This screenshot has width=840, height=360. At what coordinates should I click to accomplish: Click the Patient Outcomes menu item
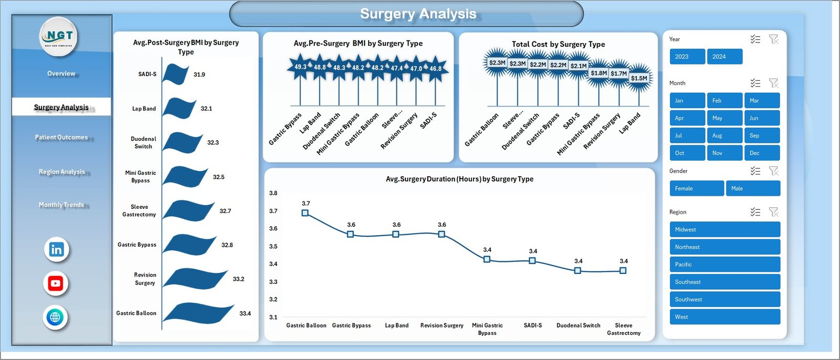(61, 137)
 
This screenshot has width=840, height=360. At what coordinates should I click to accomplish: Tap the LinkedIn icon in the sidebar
(56, 249)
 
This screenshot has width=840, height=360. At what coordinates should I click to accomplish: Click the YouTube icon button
(56, 283)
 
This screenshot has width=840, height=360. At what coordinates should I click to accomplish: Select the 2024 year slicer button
(724, 57)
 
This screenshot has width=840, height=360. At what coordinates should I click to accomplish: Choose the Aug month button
(724, 135)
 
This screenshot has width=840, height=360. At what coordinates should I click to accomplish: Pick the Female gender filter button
(696, 188)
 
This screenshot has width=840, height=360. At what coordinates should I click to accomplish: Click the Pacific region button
(724, 264)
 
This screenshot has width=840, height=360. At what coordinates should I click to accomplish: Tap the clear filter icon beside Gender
(773, 171)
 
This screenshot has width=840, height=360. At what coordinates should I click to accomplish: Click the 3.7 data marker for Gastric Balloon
(305, 213)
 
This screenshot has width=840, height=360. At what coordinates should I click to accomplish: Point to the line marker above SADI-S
(532, 260)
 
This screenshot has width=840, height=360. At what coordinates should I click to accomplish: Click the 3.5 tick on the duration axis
(273, 246)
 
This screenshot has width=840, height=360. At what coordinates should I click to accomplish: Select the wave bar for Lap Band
(178, 109)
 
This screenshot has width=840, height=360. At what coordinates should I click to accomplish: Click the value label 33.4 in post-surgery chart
(245, 313)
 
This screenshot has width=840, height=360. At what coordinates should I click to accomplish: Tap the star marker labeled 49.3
(300, 67)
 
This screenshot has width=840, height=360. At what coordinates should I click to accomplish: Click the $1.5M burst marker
(639, 78)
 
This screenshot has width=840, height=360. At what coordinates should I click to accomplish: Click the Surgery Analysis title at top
(418, 14)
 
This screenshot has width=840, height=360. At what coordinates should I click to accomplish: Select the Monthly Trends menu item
(61, 205)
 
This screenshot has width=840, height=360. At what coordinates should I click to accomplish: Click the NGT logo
(59, 36)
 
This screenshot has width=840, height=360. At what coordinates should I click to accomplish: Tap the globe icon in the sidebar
(56, 317)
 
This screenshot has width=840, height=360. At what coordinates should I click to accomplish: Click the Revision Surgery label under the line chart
(442, 325)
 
